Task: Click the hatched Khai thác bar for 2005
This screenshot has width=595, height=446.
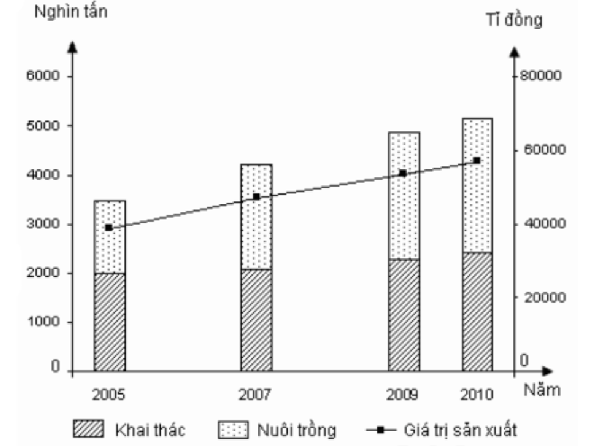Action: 109,321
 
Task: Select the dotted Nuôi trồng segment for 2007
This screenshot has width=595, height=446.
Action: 257,217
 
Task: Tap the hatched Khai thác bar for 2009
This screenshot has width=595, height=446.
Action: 404,315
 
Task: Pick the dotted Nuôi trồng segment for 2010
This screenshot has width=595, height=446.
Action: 477,185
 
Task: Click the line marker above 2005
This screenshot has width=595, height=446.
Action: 109,227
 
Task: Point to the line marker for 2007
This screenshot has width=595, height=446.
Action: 257,196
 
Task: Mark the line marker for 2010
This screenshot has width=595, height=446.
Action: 477,161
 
